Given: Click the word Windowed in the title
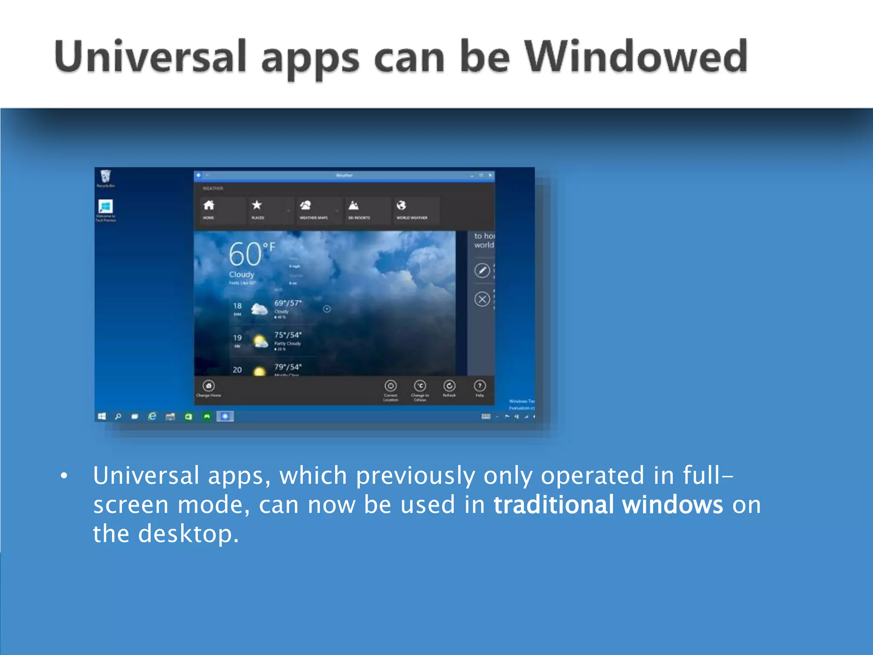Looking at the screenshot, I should click(635, 57).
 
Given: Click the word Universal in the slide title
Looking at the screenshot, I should click(150, 57).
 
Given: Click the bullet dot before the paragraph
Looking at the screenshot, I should click(64, 476).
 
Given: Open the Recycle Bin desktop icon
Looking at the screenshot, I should click(105, 177).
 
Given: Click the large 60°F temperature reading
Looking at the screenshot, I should click(251, 255).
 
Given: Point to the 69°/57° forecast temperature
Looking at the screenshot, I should click(288, 303).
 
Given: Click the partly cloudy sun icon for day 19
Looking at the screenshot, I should click(260, 341).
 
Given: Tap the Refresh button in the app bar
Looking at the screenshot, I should click(449, 386).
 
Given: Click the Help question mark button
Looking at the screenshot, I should click(480, 386).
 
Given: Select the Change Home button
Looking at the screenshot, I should click(208, 386).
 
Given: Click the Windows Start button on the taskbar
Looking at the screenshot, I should click(102, 416).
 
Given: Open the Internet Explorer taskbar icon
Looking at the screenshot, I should click(152, 416).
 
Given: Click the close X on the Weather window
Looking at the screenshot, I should click(490, 175).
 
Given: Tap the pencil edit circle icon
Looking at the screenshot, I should click(482, 270).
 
